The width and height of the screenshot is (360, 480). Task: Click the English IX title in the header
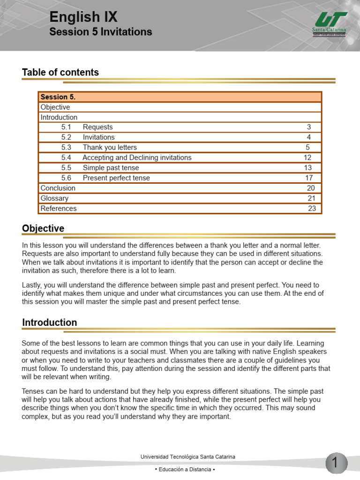click(83, 17)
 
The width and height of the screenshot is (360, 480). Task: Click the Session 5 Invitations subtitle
click(101, 32)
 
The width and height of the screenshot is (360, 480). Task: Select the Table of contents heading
click(60, 72)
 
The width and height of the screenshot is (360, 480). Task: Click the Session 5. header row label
click(58, 97)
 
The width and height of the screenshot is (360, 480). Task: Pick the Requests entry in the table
click(98, 127)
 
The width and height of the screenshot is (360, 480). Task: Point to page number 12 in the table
click(307, 157)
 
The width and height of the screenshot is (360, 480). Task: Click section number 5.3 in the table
click(66, 148)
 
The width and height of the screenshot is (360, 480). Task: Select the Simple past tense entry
click(111, 168)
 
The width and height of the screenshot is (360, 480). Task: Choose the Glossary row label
click(54, 198)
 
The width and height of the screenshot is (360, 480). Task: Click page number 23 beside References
click(312, 209)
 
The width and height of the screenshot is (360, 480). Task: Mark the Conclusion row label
click(58, 188)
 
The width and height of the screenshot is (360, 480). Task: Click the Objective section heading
click(43, 228)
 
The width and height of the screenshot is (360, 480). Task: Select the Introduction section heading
click(50, 322)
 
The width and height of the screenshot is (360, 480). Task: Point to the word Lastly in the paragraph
click(32, 285)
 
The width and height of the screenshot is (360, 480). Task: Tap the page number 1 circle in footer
click(335, 463)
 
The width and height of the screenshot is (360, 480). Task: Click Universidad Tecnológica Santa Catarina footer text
click(188, 457)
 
